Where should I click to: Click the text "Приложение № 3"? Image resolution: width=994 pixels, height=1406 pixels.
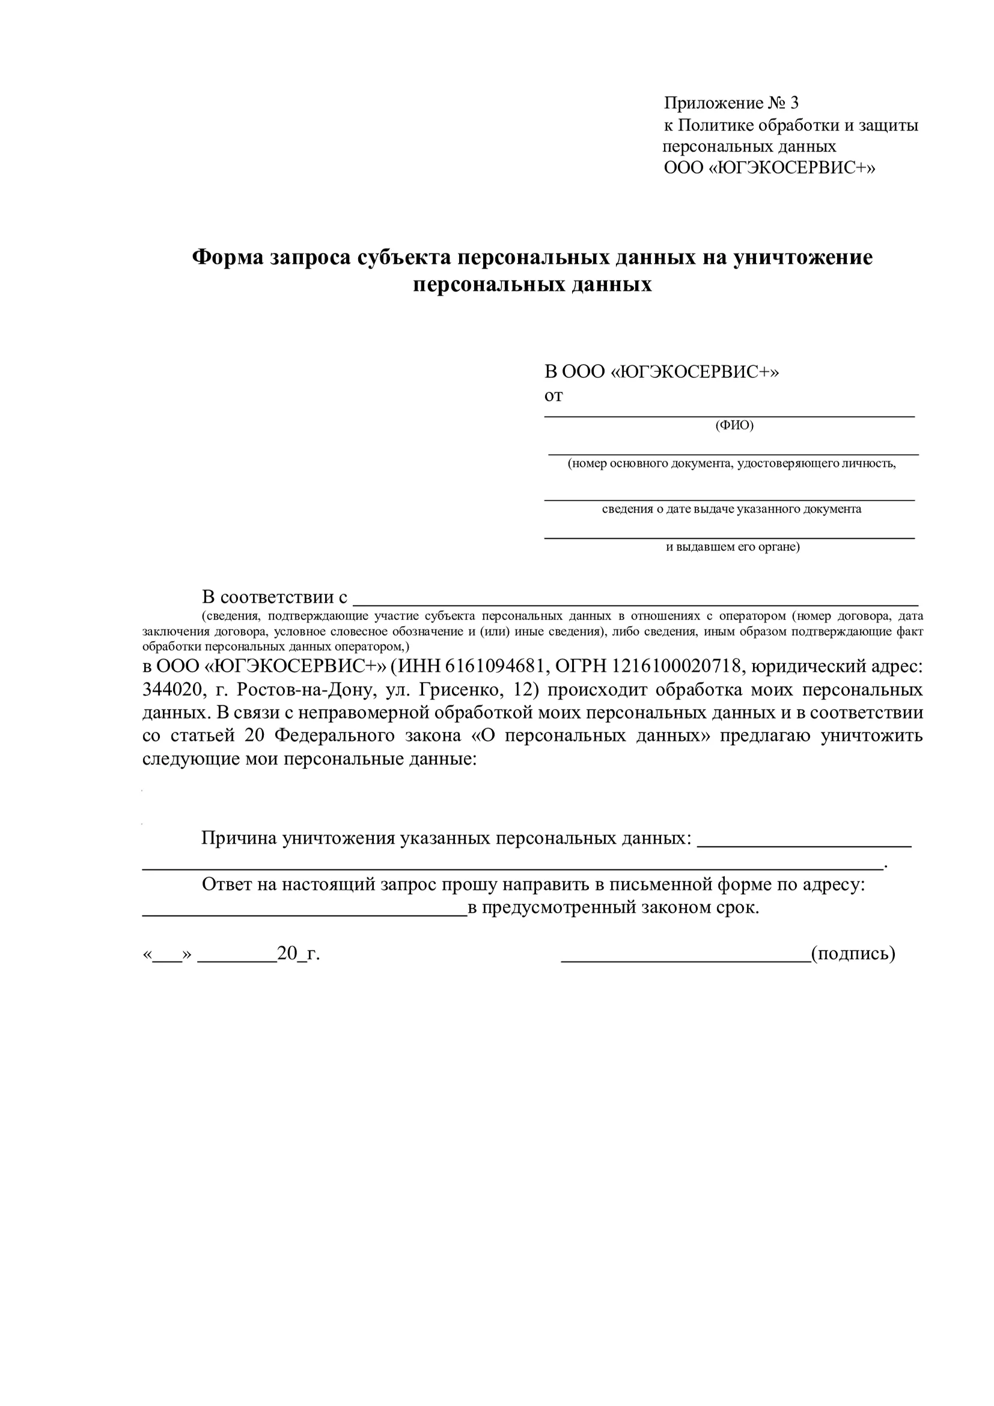[731, 103]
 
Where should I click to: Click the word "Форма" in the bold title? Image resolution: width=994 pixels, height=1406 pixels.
[228, 257]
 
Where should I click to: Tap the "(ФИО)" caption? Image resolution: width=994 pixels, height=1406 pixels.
[734, 425]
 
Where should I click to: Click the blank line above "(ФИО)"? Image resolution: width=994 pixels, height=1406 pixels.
[729, 415]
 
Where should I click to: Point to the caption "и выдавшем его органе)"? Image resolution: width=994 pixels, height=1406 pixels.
[733, 547]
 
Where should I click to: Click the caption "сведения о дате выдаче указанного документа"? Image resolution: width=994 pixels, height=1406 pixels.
[731, 509]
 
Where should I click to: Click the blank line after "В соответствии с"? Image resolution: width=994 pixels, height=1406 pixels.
[636, 603]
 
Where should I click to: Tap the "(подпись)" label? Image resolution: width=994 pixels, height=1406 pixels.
[853, 954]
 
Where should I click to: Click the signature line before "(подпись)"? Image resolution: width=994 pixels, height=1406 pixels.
[685, 961]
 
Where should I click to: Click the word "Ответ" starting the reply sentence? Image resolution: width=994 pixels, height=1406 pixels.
[227, 884]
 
